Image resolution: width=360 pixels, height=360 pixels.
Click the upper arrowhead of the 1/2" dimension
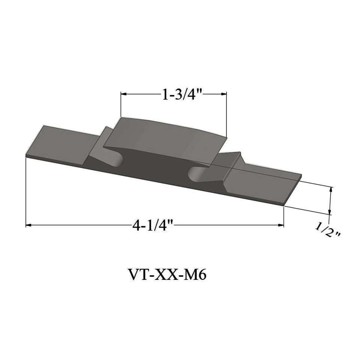330,190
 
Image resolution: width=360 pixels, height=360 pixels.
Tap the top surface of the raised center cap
165,135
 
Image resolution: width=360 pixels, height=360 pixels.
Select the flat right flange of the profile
262,184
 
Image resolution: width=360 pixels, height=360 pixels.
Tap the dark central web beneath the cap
157,165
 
